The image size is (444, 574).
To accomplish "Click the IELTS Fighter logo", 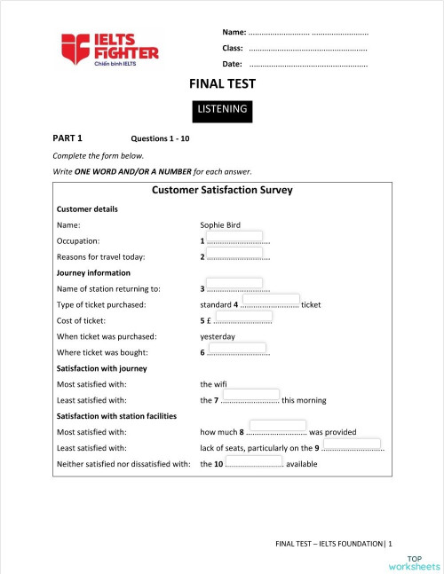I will click(x=109, y=50).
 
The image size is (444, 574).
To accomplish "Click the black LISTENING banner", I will click(x=222, y=110).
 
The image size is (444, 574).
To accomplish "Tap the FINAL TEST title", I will click(x=222, y=84).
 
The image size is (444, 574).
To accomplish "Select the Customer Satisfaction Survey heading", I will click(x=222, y=190).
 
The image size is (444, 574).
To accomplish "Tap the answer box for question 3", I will click(x=234, y=285).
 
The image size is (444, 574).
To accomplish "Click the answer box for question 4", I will click(x=270, y=301).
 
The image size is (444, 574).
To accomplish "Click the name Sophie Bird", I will click(x=220, y=225).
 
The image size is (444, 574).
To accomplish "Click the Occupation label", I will click(x=78, y=241).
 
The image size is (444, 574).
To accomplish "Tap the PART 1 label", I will click(x=67, y=138).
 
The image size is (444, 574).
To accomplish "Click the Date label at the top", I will click(x=232, y=64).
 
